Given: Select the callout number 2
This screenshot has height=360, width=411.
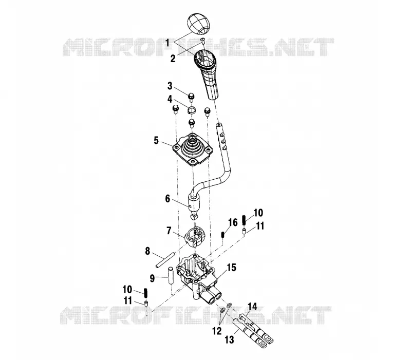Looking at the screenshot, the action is (x=173, y=59).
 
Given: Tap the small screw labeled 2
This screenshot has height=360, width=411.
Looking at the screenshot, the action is (x=202, y=39).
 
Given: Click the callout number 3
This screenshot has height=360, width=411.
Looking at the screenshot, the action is (x=170, y=86).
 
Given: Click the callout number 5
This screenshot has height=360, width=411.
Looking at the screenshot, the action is (x=156, y=140).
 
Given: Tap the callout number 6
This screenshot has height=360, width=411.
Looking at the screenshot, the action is (x=167, y=199).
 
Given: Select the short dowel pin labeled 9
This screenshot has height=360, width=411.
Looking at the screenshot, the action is (x=171, y=275).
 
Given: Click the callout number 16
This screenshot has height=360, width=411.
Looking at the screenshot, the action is (x=233, y=222).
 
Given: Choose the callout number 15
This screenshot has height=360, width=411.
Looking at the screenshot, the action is (x=232, y=268).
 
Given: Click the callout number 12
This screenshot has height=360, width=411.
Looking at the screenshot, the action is (x=217, y=331).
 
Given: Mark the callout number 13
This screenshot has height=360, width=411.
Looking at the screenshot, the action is (x=229, y=340).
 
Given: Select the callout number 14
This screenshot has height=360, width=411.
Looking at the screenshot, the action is (x=252, y=306).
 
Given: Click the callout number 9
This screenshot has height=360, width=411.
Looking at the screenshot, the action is (x=152, y=278).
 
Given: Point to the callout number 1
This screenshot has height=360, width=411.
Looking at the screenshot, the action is (x=167, y=43).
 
